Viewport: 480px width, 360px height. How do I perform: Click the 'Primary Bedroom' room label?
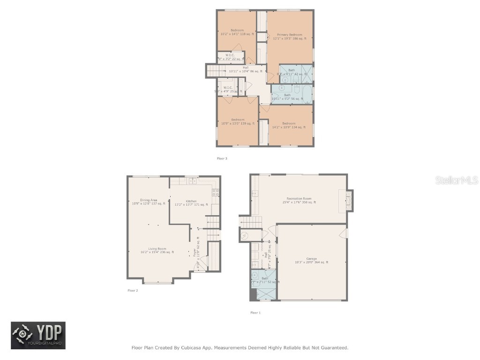(289, 35)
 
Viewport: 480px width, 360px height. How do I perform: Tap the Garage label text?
(312, 259)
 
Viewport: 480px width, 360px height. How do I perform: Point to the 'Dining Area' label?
(148, 200)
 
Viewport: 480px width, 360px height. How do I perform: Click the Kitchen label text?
(191, 201)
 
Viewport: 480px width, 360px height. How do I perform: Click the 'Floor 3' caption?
(222, 158)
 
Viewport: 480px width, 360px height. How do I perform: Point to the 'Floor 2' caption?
(133, 291)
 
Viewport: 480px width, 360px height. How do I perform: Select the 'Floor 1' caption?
(255, 313)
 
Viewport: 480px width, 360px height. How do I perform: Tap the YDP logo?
(38, 335)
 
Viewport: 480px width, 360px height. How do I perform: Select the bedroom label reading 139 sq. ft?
(237, 121)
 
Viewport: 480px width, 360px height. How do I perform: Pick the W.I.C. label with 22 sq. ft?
(230, 57)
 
